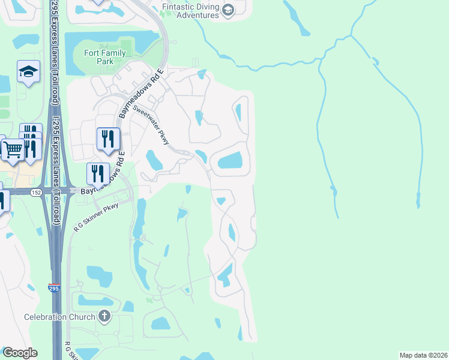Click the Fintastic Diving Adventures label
(190, 11)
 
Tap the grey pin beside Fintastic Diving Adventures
(228, 10)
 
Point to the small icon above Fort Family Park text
(105, 46)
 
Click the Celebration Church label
(59, 317)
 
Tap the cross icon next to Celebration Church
(104, 316)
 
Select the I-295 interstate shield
(54, 289)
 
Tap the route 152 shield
(36, 192)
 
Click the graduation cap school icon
(28, 73)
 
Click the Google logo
(20, 353)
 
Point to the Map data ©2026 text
(423, 355)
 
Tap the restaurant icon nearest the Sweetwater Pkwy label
(108, 139)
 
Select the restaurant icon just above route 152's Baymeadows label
(98, 173)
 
